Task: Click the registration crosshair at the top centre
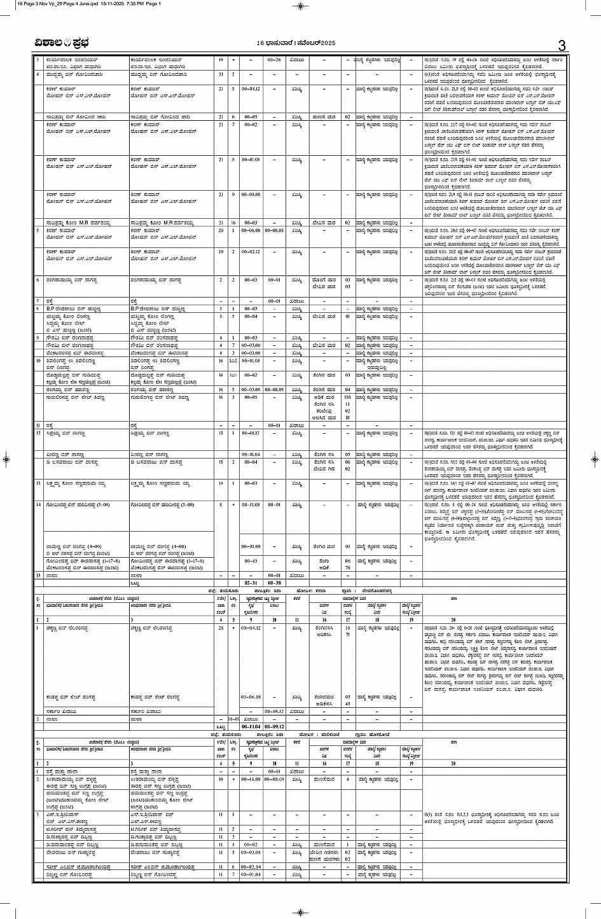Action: [x=300, y=6]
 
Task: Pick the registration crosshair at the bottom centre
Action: [x=300, y=911]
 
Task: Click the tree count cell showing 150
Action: [x=347, y=396]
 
